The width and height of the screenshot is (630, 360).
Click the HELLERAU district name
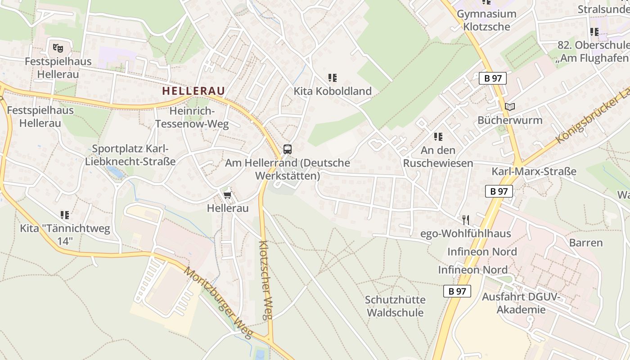(193, 90)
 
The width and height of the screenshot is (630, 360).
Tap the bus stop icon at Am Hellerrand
(287, 149)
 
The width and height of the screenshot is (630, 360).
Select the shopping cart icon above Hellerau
(227, 194)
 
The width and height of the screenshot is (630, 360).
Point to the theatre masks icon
(58, 47)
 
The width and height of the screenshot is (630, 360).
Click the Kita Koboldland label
(333, 91)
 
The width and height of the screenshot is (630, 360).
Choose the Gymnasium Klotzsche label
(486, 20)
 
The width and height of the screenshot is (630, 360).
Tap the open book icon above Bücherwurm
(509, 107)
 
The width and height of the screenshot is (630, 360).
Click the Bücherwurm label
(510, 120)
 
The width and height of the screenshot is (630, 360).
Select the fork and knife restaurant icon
(466, 220)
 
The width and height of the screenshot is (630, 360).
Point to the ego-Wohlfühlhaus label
(466, 233)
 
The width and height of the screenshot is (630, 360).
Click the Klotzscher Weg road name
(266, 279)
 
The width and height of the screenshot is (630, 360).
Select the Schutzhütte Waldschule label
(395, 306)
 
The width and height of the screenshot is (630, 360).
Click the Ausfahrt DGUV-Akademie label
(521, 303)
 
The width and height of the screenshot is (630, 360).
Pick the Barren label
(585, 243)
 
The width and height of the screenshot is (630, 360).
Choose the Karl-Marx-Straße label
(534, 171)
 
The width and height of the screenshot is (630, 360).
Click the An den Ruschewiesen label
(438, 156)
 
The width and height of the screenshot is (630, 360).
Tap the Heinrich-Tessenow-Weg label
(192, 117)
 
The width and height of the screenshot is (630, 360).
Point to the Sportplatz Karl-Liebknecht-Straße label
(130, 155)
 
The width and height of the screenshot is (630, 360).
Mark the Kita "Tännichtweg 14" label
(65, 234)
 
